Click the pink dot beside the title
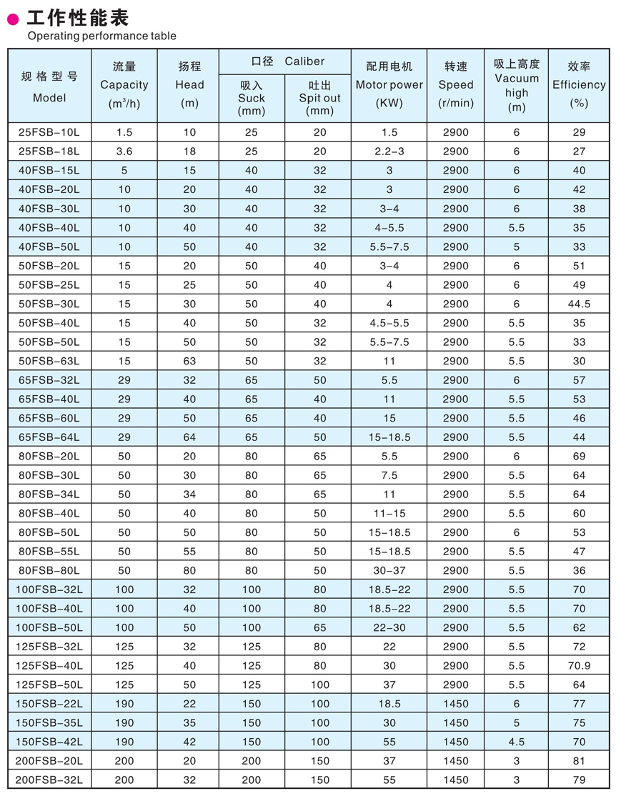(13, 20)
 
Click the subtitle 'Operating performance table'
(101, 36)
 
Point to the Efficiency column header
(579, 84)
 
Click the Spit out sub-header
(319, 98)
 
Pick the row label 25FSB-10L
(49, 132)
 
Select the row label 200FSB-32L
(49, 780)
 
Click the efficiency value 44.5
(579, 304)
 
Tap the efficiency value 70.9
(579, 665)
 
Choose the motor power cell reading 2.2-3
(389, 151)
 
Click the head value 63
(189, 361)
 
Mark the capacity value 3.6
(124, 151)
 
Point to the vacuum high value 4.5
(516, 742)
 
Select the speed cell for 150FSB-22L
(456, 704)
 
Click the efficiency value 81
(579, 761)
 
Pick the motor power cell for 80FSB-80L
(389, 570)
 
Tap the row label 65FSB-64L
(49, 437)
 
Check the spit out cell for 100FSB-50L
(319, 627)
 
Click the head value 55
(189, 551)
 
